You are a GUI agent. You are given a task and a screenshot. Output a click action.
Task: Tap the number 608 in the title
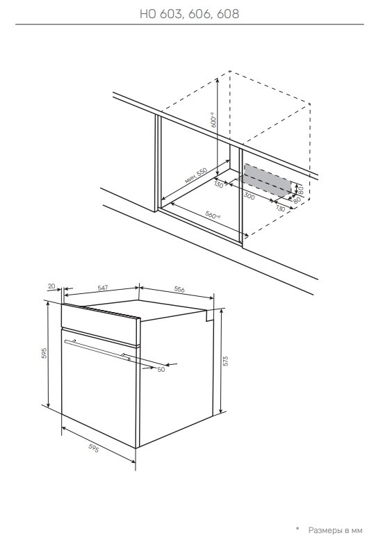[228, 14]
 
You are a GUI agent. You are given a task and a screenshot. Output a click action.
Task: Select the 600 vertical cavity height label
[213, 120]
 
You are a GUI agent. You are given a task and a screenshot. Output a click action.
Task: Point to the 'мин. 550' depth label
[196, 176]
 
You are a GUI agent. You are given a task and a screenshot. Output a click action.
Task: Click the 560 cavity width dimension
[213, 215]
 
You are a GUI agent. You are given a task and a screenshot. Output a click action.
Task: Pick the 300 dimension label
[250, 195]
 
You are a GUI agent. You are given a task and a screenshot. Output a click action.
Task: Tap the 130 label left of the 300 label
[219, 184]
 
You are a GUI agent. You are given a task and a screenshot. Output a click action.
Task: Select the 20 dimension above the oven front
[51, 286]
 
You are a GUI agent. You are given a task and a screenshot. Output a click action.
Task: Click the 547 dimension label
[103, 288]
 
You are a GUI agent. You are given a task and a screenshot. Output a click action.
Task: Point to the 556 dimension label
[179, 289]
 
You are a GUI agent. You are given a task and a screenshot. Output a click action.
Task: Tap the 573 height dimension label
[226, 361]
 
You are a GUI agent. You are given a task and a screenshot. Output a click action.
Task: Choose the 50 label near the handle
[161, 370]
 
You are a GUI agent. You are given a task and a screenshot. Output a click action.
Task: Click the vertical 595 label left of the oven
[44, 353]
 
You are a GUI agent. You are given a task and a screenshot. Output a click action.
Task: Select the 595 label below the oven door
[94, 448]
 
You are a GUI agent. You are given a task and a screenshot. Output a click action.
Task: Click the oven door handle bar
[98, 350]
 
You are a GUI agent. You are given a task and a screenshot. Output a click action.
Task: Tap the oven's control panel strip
[100, 324]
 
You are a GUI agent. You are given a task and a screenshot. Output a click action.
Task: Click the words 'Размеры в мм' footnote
[335, 530]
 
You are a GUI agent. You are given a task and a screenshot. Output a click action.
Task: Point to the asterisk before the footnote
[297, 528]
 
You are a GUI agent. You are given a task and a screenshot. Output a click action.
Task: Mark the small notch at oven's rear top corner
[210, 316]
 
